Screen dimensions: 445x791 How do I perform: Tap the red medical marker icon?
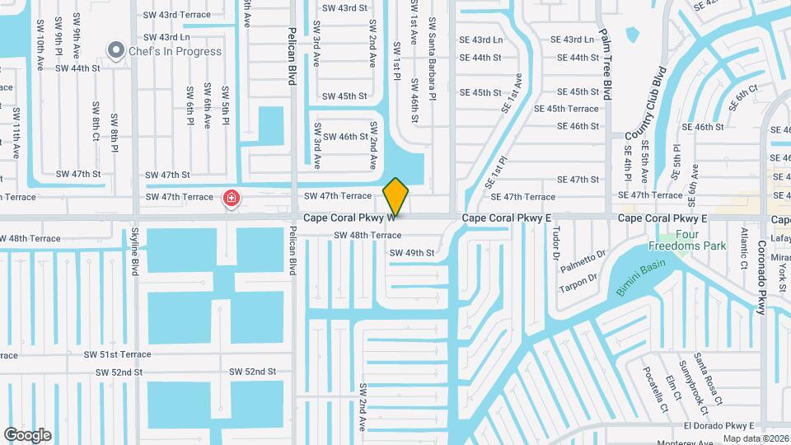[x=232, y=198]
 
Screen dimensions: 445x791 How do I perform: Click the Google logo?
[x=27, y=434]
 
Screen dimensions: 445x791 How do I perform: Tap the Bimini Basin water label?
[x=640, y=279]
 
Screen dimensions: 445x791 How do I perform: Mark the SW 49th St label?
[x=411, y=253]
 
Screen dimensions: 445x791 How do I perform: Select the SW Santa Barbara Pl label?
[x=432, y=60]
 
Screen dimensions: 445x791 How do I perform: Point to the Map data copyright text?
[x=756, y=438]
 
